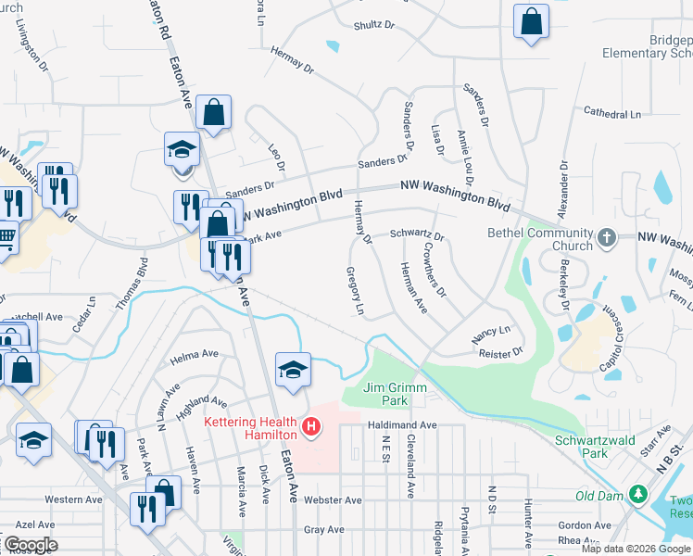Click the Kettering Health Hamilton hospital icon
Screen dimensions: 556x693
312,427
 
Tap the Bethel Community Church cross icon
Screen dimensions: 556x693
607,238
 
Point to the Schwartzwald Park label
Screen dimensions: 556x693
595,447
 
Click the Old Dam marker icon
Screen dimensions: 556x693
638,496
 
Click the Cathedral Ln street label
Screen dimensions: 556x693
611,113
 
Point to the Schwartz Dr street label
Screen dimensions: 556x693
416,235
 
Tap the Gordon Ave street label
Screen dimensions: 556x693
585,524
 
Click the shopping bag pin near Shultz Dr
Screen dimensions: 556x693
532,22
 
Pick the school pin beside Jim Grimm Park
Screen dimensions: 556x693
293,371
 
